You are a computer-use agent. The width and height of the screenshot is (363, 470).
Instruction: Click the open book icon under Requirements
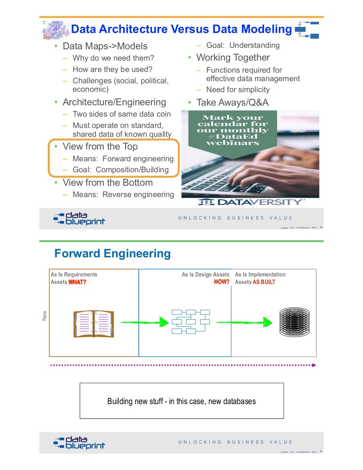[x=94, y=324]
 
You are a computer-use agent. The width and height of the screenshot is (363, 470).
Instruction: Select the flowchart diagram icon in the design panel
[x=191, y=321]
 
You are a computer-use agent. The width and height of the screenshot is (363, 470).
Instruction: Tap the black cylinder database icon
[x=294, y=322]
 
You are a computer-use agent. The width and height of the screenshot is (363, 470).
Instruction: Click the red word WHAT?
[x=77, y=282]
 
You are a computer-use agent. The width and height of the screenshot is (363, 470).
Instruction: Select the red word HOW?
[x=222, y=282]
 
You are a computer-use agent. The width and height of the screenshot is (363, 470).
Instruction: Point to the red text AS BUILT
[x=264, y=282]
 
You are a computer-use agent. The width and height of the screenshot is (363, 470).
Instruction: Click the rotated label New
[x=44, y=315]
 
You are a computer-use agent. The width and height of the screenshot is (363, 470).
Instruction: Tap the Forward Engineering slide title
[x=112, y=253]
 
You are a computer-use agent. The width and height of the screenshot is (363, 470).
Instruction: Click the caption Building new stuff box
[x=181, y=401]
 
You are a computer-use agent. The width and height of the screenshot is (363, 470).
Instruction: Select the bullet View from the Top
[x=100, y=146]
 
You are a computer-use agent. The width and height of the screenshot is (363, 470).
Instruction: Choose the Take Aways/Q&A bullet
[x=233, y=102]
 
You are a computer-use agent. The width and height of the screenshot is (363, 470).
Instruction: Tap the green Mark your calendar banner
[x=233, y=130]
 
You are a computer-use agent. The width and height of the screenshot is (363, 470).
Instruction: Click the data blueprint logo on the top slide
[x=79, y=218]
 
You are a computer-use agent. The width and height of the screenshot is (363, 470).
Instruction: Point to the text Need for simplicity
[x=238, y=90]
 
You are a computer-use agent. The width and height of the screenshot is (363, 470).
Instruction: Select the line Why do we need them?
[x=113, y=58]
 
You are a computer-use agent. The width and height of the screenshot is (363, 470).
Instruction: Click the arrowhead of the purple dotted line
[x=314, y=365]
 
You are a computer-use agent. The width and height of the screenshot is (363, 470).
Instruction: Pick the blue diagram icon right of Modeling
[x=307, y=30]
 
